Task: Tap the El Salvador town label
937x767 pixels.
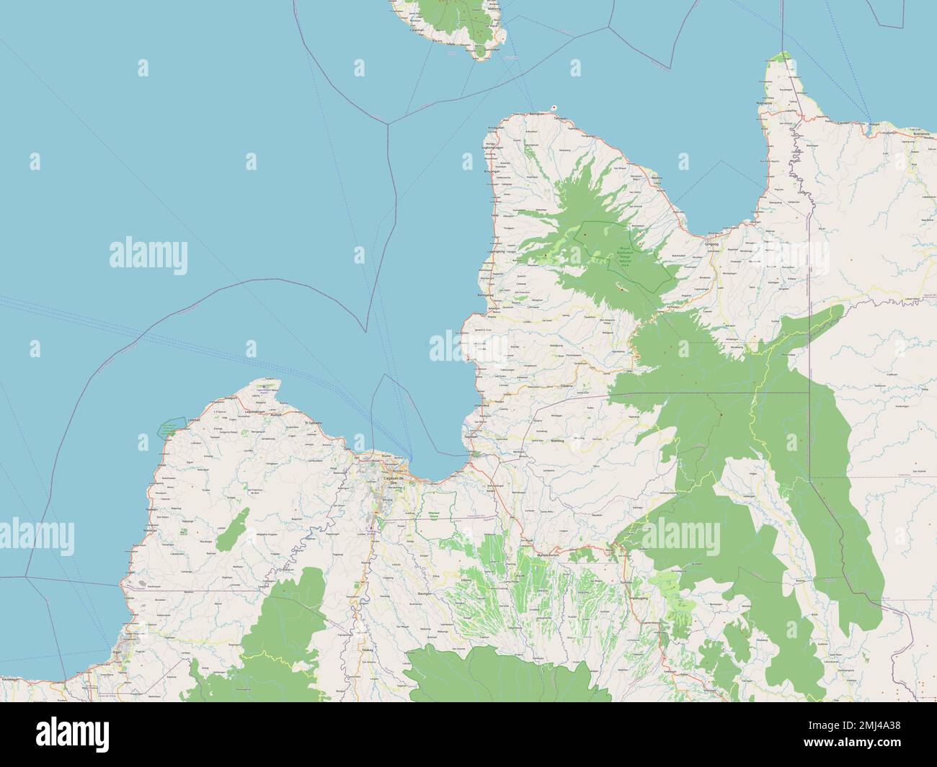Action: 315,422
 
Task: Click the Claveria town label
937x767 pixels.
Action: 567,386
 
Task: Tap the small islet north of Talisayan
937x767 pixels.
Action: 554,107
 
